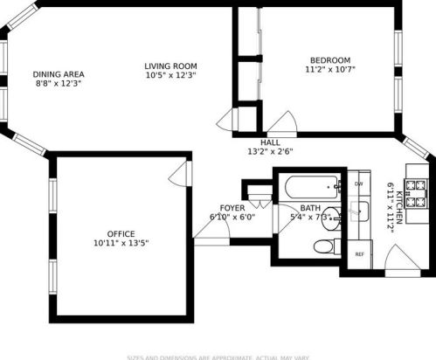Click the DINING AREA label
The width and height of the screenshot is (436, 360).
59,73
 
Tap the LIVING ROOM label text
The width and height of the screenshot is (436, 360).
170,66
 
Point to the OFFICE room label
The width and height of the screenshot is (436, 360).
121,233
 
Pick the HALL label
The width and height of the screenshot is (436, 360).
270,142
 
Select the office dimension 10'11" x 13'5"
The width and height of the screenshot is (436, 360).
121,244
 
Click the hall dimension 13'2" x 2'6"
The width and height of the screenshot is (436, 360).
270,151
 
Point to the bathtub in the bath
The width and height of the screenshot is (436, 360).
309,186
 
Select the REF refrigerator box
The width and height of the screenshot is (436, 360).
359,254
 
